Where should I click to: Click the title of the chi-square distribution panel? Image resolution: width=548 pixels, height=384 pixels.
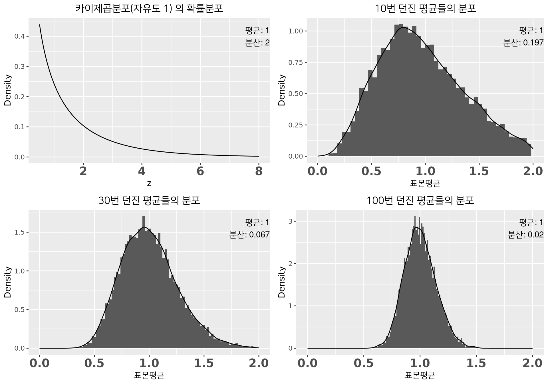click(149, 9)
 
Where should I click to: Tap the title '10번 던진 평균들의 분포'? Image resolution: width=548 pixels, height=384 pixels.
click(425, 9)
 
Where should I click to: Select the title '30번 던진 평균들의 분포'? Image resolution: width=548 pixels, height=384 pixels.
click(149, 201)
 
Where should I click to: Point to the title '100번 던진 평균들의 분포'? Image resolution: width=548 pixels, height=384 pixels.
click(420, 201)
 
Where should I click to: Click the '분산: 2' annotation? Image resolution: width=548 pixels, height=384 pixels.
click(257, 43)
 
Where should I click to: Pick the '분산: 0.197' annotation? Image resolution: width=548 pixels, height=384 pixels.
click(523, 43)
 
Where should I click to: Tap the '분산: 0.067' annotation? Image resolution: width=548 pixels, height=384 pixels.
click(249, 235)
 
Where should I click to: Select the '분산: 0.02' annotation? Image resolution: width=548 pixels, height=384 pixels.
click(526, 235)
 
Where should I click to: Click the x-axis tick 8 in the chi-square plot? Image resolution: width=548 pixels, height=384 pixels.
click(259, 171)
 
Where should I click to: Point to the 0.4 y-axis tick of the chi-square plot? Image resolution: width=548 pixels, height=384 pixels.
click(20, 36)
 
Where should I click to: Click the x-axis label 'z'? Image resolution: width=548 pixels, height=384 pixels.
click(149, 183)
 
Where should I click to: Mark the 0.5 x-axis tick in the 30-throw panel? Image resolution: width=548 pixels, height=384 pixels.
click(94, 363)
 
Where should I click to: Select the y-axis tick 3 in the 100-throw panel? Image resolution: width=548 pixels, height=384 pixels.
click(290, 221)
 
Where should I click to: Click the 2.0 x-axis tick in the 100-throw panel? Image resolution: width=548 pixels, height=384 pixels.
click(532, 363)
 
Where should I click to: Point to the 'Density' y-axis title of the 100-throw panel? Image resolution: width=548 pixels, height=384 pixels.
click(282, 282)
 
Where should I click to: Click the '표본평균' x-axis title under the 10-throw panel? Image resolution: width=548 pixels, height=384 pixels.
click(425, 183)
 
